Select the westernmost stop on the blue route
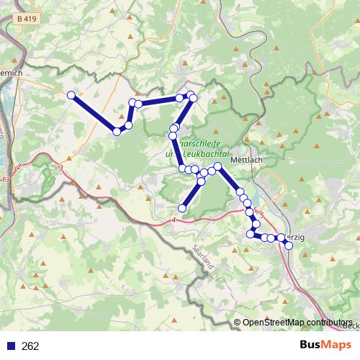click(x=71, y=95)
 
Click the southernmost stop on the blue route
click(x=289, y=246)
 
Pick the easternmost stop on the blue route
click(x=289, y=246)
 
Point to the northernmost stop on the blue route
click(x=191, y=95)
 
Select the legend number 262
click(x=30, y=346)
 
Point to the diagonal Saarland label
click(x=204, y=257)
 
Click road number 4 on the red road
click(x=174, y=220)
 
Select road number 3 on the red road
click(x=61, y=168)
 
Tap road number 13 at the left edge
click(x=6, y=179)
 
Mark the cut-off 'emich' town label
click(x=12, y=73)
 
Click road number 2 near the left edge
click(x=19, y=167)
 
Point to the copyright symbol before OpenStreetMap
click(x=237, y=323)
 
